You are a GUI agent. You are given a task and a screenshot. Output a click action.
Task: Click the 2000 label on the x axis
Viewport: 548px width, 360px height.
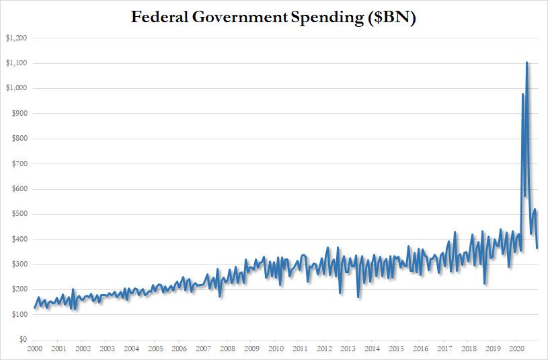[x=34, y=349]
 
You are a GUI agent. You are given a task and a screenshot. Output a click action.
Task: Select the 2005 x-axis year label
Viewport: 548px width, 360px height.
[x=155, y=349]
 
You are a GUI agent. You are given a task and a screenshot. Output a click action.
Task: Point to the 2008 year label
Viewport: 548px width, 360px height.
[x=227, y=349]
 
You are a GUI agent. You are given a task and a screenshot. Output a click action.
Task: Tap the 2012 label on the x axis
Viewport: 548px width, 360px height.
[x=324, y=349]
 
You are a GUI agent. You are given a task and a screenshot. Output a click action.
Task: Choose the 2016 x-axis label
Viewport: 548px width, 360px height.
[x=420, y=349]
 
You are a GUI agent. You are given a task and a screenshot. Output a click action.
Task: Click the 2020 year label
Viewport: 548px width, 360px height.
[x=517, y=349]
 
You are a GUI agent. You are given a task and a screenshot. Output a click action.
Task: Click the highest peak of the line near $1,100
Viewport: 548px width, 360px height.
[x=526, y=63]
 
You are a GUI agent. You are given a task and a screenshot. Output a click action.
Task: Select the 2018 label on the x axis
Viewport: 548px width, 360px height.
[x=469, y=349]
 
